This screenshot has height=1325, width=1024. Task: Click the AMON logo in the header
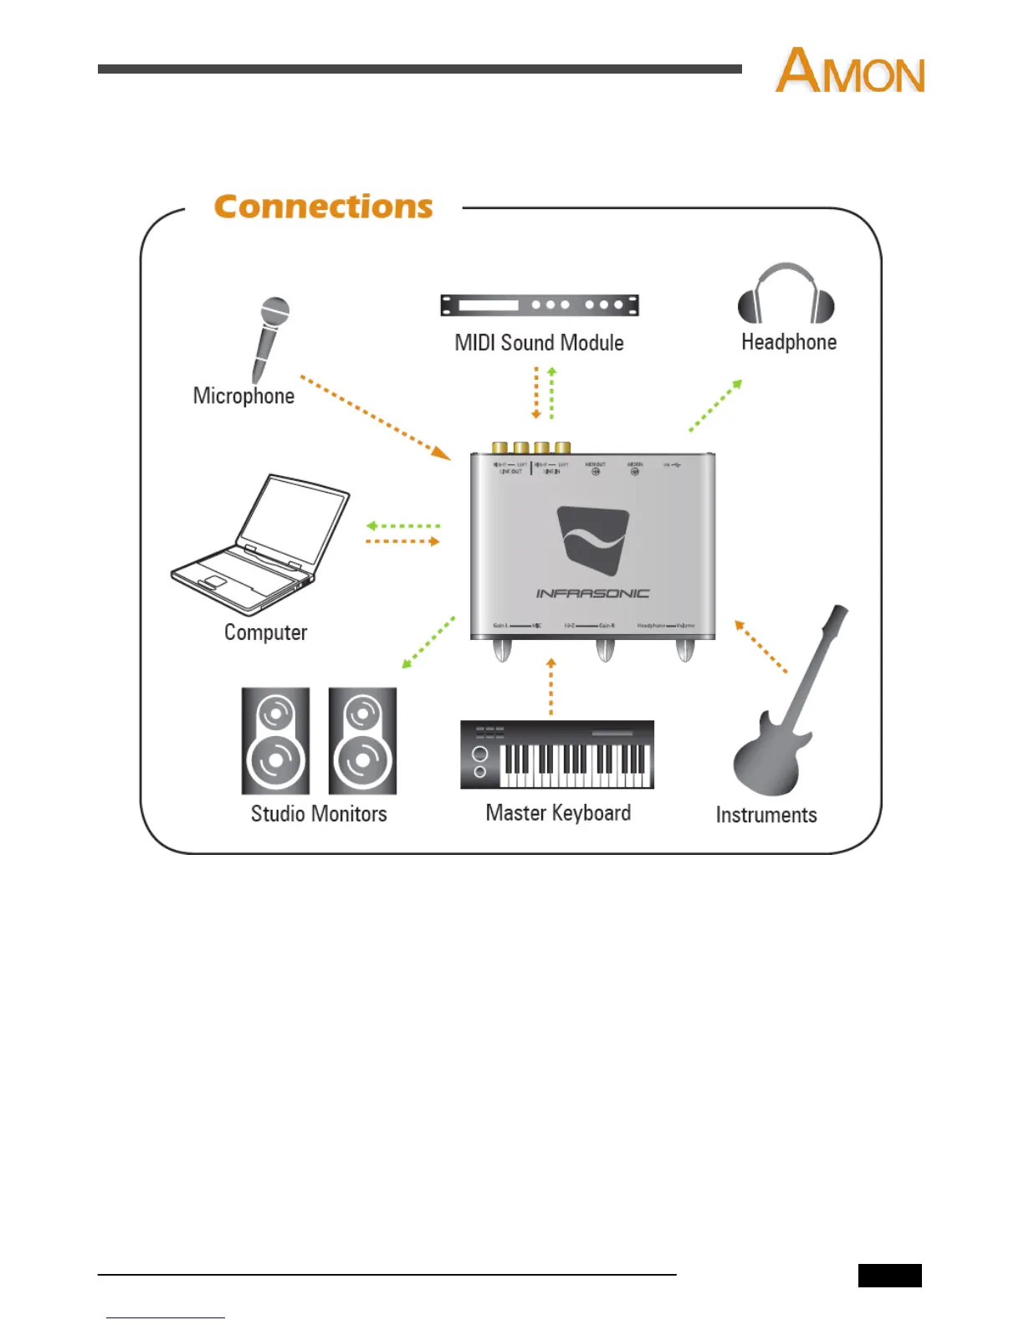pyautogui.click(x=850, y=70)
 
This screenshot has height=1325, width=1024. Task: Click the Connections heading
pyautogui.click(x=323, y=207)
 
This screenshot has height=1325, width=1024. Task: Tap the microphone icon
pyautogui.click(x=269, y=338)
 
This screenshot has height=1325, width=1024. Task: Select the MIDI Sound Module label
pyautogui.click(x=539, y=343)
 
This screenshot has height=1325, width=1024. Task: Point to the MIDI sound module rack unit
pyautogui.click(x=540, y=305)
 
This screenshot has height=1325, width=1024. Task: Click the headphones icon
pyautogui.click(x=786, y=294)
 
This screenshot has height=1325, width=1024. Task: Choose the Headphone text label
pyautogui.click(x=789, y=342)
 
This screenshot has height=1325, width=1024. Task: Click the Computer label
pyautogui.click(x=265, y=632)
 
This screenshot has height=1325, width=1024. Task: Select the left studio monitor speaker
pyautogui.click(x=275, y=741)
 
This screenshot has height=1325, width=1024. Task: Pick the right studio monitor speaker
pyautogui.click(x=362, y=741)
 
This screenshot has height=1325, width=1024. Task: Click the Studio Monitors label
pyautogui.click(x=319, y=814)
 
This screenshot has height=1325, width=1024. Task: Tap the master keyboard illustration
pyautogui.click(x=557, y=755)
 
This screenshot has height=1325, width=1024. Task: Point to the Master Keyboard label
pyautogui.click(x=558, y=813)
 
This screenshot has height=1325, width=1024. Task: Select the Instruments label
pyautogui.click(x=766, y=816)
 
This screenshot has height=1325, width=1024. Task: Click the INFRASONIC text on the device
pyautogui.click(x=592, y=593)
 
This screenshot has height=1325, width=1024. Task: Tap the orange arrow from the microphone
pyautogui.click(x=376, y=418)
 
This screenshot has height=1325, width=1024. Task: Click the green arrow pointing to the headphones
pyautogui.click(x=715, y=406)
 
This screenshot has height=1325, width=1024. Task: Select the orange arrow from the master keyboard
pyautogui.click(x=550, y=687)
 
